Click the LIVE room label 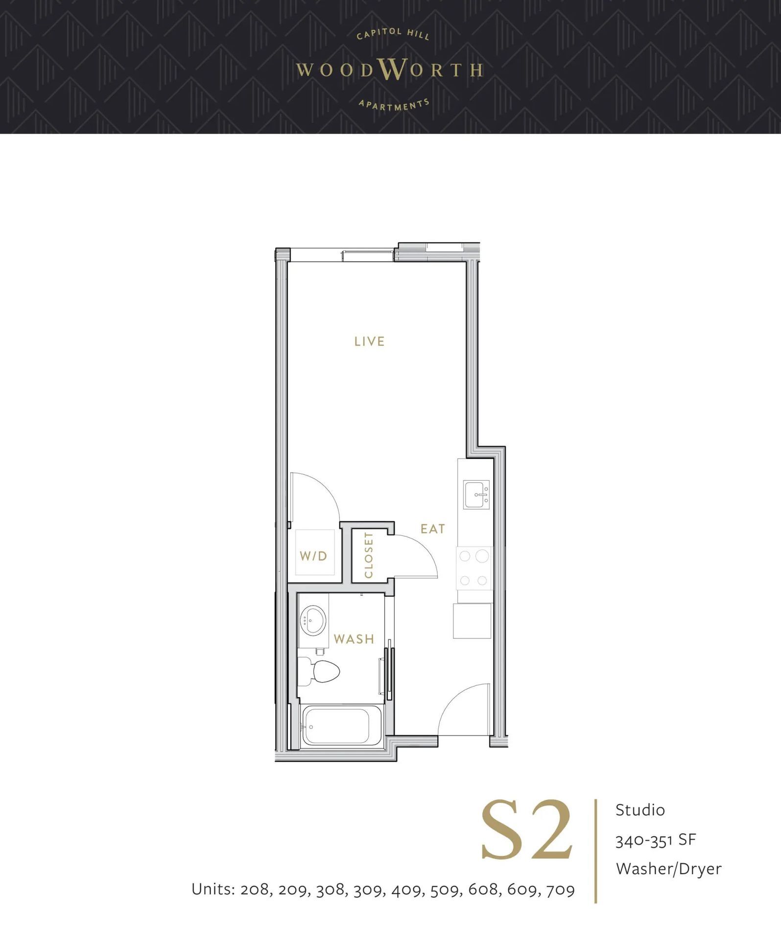pyautogui.click(x=369, y=341)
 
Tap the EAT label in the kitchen pyautogui.click(x=432, y=529)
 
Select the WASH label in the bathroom pyautogui.click(x=354, y=639)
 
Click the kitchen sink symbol pyautogui.click(x=476, y=495)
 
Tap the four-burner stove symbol pyautogui.click(x=473, y=568)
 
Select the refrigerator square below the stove pyautogui.click(x=472, y=621)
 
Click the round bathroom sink pyautogui.click(x=313, y=620)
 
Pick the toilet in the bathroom pyautogui.click(x=321, y=671)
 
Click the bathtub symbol pyautogui.click(x=336, y=726)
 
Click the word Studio pyautogui.click(x=640, y=810)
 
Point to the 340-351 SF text pyautogui.click(x=655, y=840)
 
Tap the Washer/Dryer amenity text pyautogui.click(x=668, y=869)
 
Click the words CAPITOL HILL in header pyautogui.click(x=393, y=34)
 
